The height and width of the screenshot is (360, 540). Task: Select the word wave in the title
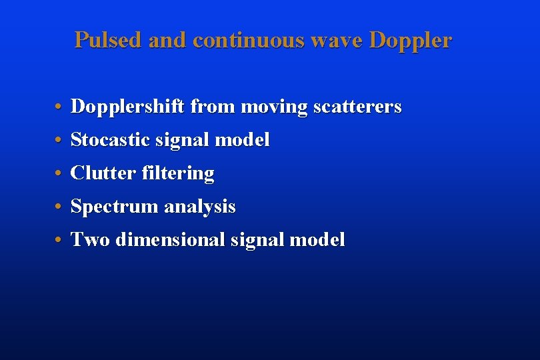(x=341, y=40)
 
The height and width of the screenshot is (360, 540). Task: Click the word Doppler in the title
(x=410, y=40)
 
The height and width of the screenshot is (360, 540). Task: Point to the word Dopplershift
(x=128, y=107)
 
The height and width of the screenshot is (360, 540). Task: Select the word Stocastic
(x=110, y=140)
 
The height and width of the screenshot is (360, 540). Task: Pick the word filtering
(x=178, y=173)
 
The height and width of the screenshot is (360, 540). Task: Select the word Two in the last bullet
(x=91, y=240)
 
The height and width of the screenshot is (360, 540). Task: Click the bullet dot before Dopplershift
(x=59, y=107)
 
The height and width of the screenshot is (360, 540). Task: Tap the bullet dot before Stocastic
(x=59, y=141)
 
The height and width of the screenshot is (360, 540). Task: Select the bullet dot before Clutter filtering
(x=59, y=174)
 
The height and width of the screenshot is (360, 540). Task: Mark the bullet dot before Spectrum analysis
(x=59, y=207)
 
